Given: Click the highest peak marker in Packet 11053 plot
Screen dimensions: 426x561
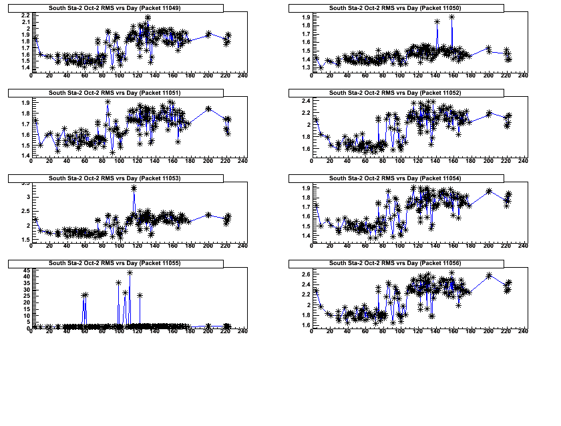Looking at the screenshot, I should [134, 188].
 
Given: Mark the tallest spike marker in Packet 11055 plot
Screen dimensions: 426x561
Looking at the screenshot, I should [130, 272].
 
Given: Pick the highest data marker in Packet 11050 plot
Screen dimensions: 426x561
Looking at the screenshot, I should [452, 17].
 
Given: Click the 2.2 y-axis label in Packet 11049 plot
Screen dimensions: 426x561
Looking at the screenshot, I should [25, 15].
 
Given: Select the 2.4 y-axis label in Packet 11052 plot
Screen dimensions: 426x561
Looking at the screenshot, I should [305, 101].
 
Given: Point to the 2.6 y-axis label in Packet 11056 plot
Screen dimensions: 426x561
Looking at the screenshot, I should [305, 274].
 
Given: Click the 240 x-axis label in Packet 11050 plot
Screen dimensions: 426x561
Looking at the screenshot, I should [523, 75].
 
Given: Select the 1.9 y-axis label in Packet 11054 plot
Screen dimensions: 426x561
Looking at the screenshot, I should [305, 188].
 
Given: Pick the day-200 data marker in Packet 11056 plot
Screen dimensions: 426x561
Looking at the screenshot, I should [489, 275].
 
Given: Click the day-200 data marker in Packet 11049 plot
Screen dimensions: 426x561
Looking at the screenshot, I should [208, 33].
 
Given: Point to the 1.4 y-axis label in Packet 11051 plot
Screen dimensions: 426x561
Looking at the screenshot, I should [25, 156].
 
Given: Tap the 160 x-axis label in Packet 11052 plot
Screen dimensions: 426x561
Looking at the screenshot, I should [453, 161].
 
